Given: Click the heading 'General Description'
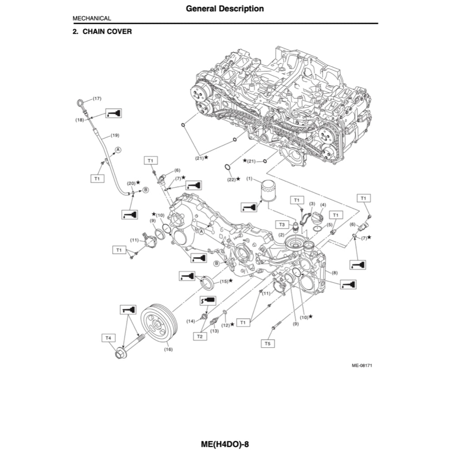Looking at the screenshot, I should (x=225, y=8).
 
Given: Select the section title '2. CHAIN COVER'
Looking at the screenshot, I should (x=102, y=32).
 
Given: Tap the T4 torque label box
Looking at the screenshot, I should (x=108, y=338).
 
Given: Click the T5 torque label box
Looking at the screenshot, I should (x=267, y=343).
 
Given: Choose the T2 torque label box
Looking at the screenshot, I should (x=200, y=336).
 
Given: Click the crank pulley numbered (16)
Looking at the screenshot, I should (x=159, y=323).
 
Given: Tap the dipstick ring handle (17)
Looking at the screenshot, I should (x=81, y=103).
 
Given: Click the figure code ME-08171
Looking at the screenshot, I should (x=361, y=365).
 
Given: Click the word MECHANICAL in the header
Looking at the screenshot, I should (x=92, y=19).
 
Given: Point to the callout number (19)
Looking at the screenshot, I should (x=114, y=135).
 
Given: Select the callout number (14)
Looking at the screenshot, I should (x=190, y=321).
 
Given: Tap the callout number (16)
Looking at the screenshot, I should (x=168, y=349).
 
